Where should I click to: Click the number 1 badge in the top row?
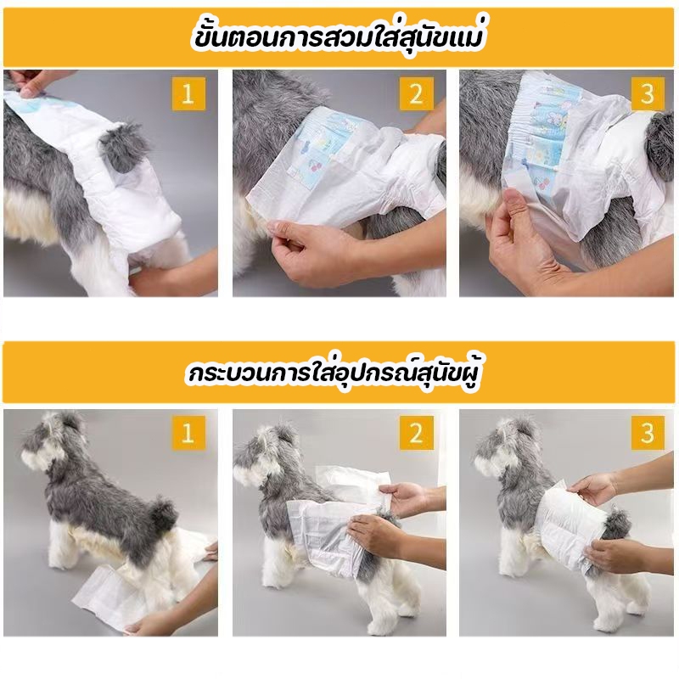point(187,94)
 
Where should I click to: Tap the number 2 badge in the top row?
point(416,94)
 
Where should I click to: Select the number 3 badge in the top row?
point(647,94)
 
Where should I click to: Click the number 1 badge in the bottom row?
point(187,433)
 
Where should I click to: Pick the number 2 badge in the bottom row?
point(416,433)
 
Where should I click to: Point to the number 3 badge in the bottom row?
point(647,433)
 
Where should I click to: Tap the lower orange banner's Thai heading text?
point(334,373)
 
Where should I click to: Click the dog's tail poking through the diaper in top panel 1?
point(122,145)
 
